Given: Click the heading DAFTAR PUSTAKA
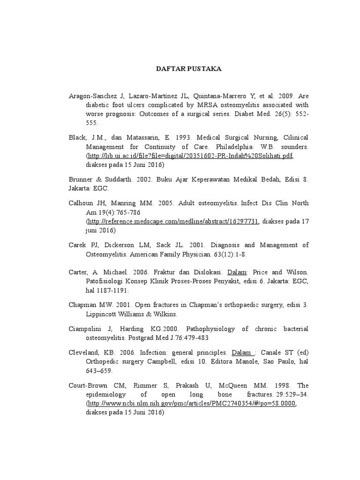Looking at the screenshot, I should point(188,69).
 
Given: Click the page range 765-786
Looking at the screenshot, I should point(125,212).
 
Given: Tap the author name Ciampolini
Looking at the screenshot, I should point(87,329).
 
